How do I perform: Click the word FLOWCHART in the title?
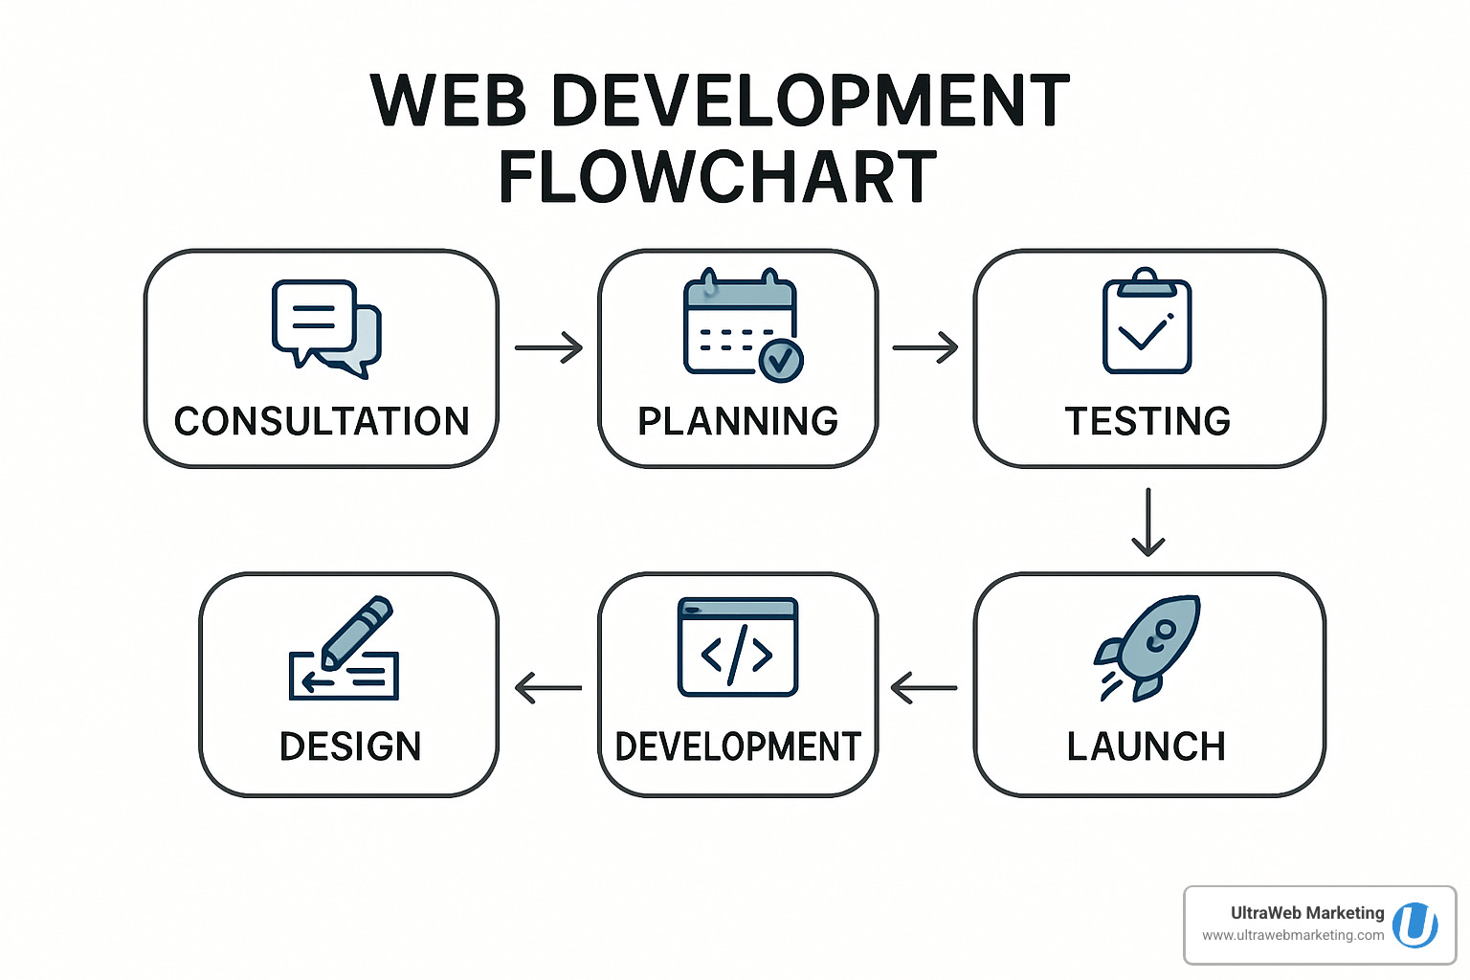[718, 178]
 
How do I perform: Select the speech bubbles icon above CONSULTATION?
[326, 327]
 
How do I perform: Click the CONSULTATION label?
[322, 421]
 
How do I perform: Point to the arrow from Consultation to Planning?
[548, 347]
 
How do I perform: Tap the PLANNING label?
[738, 421]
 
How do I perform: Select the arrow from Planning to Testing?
[924, 347]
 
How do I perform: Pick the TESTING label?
[1147, 421]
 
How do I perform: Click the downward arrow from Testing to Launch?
[1147, 522]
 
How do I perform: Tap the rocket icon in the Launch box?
[1149, 647]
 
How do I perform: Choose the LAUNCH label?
[1146, 746]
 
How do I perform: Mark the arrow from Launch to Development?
[924, 687]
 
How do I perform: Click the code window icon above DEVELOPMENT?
[737, 647]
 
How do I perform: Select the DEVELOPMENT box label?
[738, 746]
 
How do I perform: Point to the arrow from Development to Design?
[548, 687]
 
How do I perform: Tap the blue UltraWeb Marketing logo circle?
[1414, 925]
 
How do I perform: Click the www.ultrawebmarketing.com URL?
[1292, 935]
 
